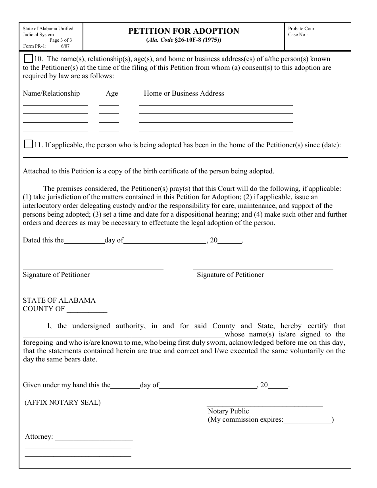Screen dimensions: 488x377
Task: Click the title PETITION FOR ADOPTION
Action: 184,31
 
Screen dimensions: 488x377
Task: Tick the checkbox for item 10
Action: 28,59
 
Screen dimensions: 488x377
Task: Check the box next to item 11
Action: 28,144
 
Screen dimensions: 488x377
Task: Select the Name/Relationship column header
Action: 51,94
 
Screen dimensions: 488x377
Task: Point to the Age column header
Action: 112,94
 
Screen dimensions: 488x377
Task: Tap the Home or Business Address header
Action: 184,94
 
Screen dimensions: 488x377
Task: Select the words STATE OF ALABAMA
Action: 59,300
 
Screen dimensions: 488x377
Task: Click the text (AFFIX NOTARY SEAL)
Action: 63,402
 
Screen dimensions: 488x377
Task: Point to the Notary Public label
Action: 228,411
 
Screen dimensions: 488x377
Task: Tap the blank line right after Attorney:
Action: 94,438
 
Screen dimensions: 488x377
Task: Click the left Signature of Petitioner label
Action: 56,275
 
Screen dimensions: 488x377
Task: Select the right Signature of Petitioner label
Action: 230,275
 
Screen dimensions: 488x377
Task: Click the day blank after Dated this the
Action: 84,241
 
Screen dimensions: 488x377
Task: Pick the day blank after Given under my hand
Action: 125,386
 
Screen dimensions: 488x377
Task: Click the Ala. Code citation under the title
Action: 184,40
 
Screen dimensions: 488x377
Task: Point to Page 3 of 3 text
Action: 60,40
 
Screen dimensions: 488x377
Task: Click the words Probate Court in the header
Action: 302,29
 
